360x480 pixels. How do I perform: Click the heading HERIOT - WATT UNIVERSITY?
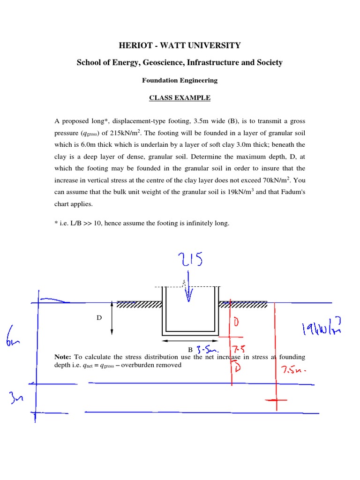[x=180, y=45]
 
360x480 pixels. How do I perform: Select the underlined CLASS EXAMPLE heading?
[x=180, y=98]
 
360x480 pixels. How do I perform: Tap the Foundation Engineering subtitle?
[x=180, y=80]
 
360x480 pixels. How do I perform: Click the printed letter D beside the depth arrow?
[x=99, y=318]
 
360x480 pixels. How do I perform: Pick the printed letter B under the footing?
[x=190, y=350]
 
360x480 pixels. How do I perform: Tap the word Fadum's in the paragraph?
[x=292, y=192]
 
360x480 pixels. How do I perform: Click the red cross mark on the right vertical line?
[x=276, y=402]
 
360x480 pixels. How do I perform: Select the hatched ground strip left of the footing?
[x=139, y=305]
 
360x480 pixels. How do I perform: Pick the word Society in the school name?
[x=269, y=62]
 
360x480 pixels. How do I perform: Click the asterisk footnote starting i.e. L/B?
[x=142, y=223]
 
